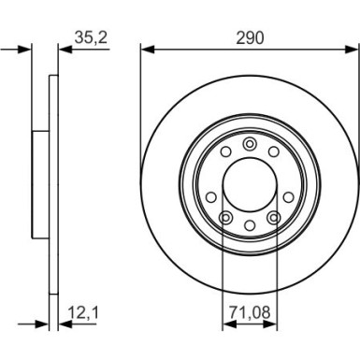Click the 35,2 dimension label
[x=88, y=38]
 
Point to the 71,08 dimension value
[x=249, y=313]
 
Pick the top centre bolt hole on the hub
[x=249, y=143]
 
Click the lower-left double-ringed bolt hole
[x=224, y=218]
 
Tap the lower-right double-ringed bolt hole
[x=274, y=218]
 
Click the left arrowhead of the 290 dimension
[x=146, y=50]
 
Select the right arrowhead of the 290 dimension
[x=353, y=50]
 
